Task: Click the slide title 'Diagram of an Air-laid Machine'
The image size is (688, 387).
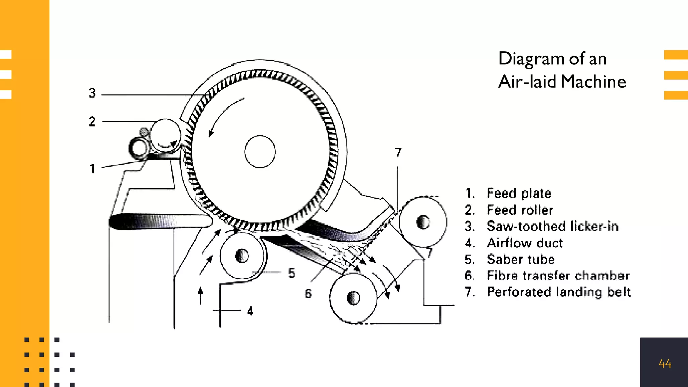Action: tap(562, 70)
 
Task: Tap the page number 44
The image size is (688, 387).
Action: tap(665, 363)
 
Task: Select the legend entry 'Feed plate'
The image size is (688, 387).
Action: tap(519, 193)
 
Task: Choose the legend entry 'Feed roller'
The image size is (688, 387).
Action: tap(520, 210)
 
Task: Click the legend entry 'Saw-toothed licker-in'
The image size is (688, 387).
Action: tap(552, 226)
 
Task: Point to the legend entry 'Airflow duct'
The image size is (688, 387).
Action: tap(525, 243)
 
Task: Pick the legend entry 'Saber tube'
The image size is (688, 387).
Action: tap(521, 259)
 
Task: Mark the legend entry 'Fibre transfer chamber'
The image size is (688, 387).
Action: tap(558, 276)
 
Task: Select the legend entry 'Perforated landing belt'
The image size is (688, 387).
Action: tap(558, 292)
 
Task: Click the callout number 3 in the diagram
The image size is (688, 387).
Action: tap(92, 93)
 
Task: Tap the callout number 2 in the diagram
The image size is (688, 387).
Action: tap(92, 121)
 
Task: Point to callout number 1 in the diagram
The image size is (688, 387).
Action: tap(93, 169)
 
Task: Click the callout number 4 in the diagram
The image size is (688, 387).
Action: tap(250, 311)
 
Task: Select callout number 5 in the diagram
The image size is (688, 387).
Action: tap(291, 273)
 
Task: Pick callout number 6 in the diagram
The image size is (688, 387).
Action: tap(308, 294)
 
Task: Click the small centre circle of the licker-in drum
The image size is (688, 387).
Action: tap(260, 152)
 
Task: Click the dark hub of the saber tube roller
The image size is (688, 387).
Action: tap(242, 256)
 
